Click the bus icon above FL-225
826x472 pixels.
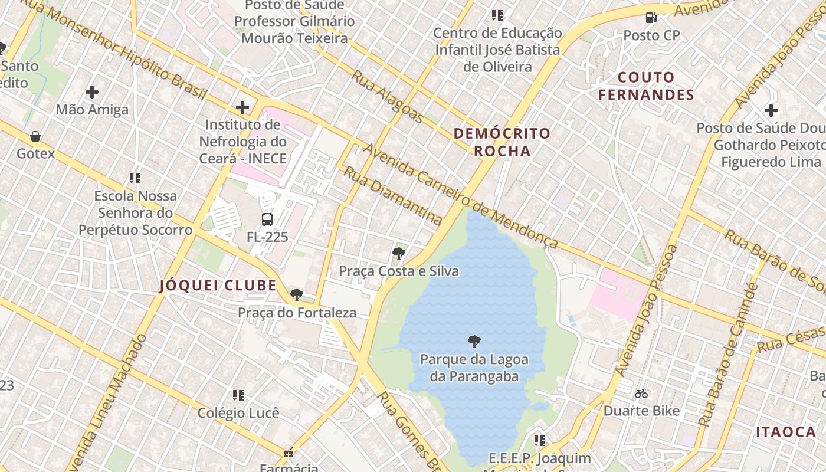point(267,219)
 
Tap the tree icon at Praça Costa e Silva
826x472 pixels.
point(398,254)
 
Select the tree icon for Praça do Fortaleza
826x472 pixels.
point(297,295)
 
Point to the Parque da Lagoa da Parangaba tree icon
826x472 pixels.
point(474,342)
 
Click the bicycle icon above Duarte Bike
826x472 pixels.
point(641,394)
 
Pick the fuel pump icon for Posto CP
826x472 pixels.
point(651,18)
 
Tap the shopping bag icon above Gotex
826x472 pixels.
point(35,137)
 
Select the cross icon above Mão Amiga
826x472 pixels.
point(92,92)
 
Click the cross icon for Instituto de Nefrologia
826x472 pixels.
point(242,107)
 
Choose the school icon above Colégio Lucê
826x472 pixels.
point(238,395)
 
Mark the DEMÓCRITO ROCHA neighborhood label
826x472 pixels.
point(502,142)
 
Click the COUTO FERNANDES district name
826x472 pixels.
point(646,86)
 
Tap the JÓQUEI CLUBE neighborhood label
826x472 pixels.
point(218,286)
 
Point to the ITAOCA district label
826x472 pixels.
point(786,432)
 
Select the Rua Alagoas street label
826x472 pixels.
point(387,97)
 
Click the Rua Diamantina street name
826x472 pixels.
point(392,195)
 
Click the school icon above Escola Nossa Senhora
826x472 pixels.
point(135,178)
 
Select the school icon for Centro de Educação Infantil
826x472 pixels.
point(497,15)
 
